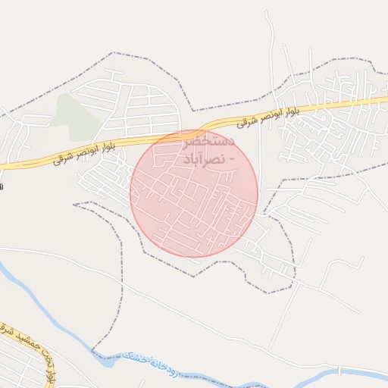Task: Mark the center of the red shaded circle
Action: point(194,193)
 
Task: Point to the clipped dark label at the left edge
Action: point(2,185)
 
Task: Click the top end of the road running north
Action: point(267,12)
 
